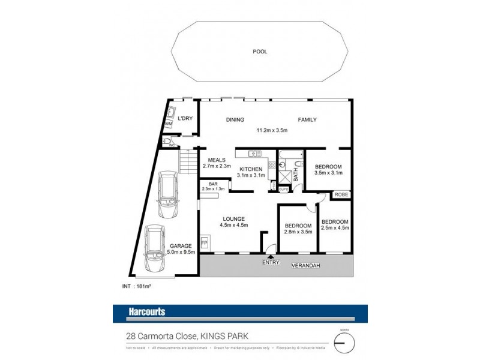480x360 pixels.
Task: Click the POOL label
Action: pyautogui.click(x=260, y=52)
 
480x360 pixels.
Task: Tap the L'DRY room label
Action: pyautogui.click(x=184, y=118)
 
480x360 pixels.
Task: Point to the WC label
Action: pyautogui.click(x=171, y=145)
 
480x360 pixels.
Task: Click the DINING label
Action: pyautogui.click(x=235, y=119)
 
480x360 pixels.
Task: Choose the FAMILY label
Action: pyautogui.click(x=307, y=119)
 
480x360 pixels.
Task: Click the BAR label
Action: pyautogui.click(x=213, y=184)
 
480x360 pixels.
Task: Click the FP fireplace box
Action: pyautogui.click(x=204, y=242)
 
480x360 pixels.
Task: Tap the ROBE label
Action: pyautogui.click(x=341, y=194)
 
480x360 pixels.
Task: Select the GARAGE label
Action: pyautogui.click(x=180, y=246)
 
